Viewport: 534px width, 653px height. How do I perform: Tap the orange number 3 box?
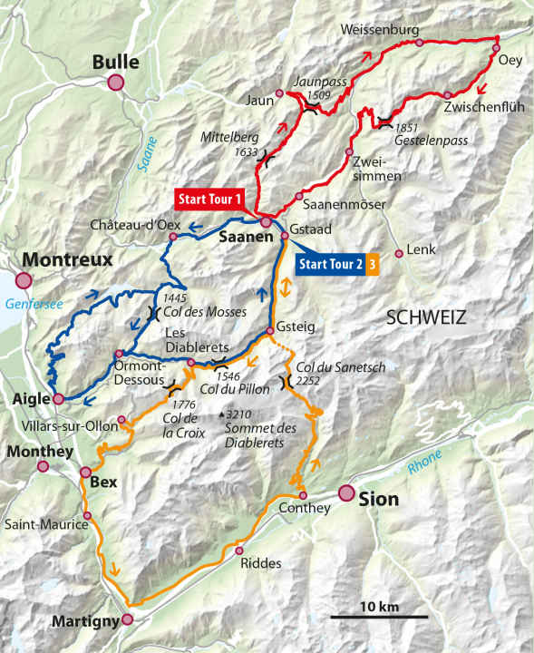click(373, 265)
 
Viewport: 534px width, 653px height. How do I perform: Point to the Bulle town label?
click(115, 62)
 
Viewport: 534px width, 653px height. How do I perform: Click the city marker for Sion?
click(345, 493)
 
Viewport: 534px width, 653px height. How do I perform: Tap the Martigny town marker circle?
click(127, 619)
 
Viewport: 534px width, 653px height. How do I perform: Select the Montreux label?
click(67, 259)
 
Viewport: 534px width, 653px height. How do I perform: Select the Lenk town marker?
click(399, 253)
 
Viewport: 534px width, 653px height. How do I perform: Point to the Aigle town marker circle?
click(58, 398)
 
